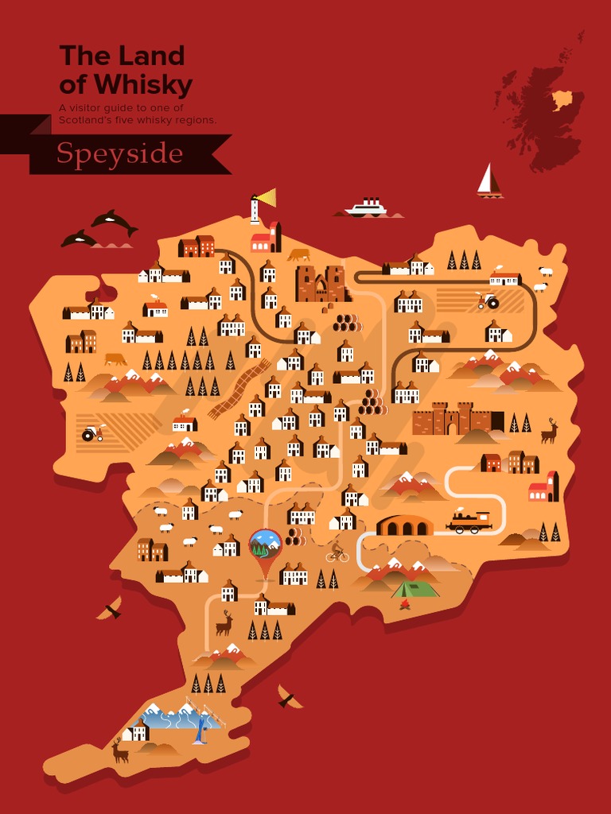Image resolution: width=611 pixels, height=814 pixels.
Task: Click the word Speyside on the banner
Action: (x=119, y=153)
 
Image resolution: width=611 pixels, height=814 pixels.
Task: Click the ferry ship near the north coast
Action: (x=367, y=208)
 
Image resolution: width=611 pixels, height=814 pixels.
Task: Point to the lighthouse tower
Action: (x=255, y=211)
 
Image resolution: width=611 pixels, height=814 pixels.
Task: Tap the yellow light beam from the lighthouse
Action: (x=267, y=196)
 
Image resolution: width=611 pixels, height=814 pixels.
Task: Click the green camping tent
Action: (x=415, y=589)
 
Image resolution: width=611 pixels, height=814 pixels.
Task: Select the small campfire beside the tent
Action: (x=405, y=605)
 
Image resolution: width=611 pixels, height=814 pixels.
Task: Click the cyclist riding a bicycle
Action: (x=337, y=552)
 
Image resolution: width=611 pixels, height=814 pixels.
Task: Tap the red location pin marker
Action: (x=264, y=548)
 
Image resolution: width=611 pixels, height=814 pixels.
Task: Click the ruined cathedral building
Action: (x=321, y=284)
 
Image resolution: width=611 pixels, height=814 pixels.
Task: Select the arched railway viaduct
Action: (x=405, y=525)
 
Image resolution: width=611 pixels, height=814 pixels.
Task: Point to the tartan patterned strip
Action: (x=239, y=389)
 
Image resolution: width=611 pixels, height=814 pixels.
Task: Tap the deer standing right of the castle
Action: (x=549, y=432)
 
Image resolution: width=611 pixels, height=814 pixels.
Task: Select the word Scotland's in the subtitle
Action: (x=87, y=120)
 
